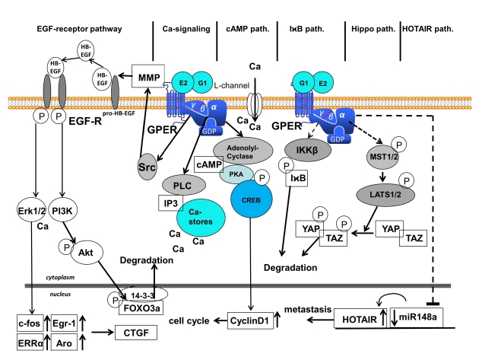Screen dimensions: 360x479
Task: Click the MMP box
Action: coord(147,75)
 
